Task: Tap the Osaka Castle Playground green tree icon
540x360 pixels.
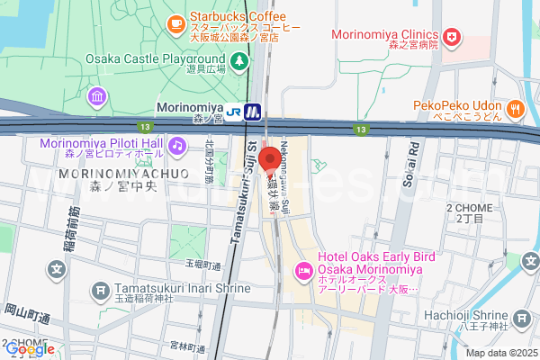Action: tap(239, 61)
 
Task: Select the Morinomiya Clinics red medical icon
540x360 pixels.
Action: tap(453, 39)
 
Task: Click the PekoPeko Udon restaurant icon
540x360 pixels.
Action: tap(515, 110)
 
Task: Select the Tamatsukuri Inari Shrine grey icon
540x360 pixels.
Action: tap(99, 291)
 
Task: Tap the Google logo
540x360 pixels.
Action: tap(29, 349)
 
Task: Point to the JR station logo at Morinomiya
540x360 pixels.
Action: tap(235, 112)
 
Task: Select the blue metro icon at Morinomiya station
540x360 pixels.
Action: tap(254, 112)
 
